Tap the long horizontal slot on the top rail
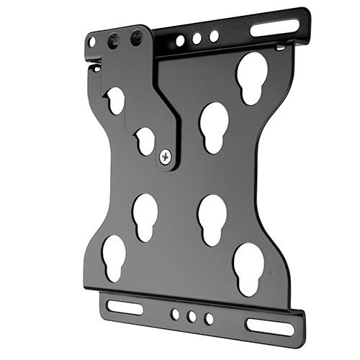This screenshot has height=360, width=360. tap(274, 29)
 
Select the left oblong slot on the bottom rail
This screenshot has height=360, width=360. tap(125, 306)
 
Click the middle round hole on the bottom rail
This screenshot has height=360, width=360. tap(192, 316)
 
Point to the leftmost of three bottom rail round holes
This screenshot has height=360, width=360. tap(175, 314)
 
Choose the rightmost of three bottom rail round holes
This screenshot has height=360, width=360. tap(209, 318)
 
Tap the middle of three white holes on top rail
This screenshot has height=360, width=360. tap(197, 38)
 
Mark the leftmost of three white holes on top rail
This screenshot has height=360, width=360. tap(180, 41)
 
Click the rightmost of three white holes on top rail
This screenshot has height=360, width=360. tap(214, 35)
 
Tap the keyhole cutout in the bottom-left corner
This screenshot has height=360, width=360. tap(113, 256)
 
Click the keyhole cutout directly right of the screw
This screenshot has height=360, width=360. tap(214, 126)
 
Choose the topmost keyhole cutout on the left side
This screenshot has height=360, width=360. tap(115, 100)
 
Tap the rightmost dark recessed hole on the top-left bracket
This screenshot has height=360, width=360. tap(136, 38)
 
